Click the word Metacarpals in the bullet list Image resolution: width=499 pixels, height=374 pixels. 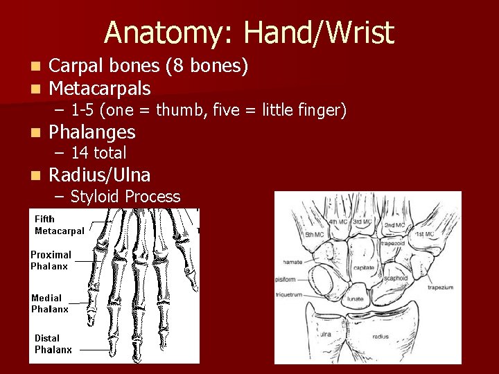click(100, 89)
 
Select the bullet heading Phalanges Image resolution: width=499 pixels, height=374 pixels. click(92, 132)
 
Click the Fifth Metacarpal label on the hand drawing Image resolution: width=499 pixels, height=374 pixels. click(59, 225)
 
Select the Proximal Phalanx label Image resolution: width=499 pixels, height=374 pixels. click(51, 260)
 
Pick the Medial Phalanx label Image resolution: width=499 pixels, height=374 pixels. click(50, 303)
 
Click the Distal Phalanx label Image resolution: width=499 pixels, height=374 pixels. click(53, 344)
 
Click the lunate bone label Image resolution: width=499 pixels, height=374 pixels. click(356, 299)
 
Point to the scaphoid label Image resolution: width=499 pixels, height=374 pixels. click(396, 278)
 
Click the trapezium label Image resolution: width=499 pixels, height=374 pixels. click(439, 287)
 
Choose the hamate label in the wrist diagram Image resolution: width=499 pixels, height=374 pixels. click(292, 262)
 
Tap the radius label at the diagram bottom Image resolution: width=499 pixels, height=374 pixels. click(380, 337)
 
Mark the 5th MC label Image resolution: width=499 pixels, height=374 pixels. click(314, 235)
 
